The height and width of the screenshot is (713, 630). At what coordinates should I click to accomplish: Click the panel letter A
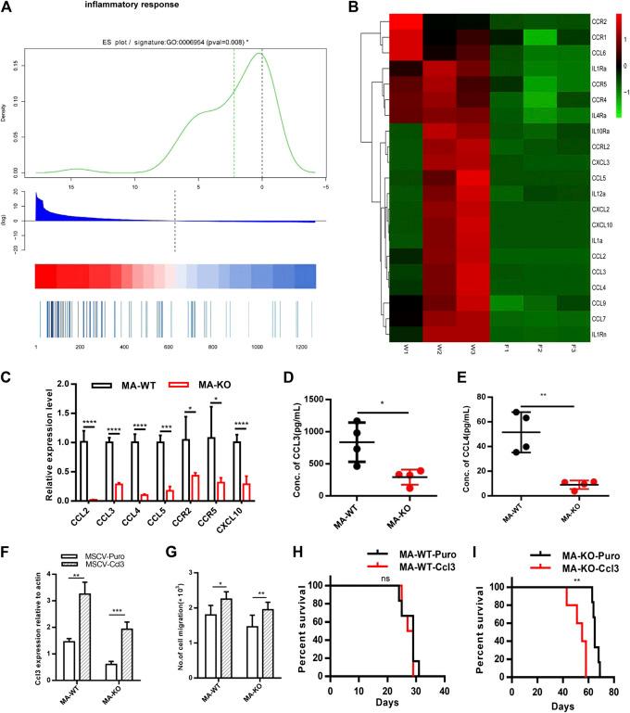click(8, 8)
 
